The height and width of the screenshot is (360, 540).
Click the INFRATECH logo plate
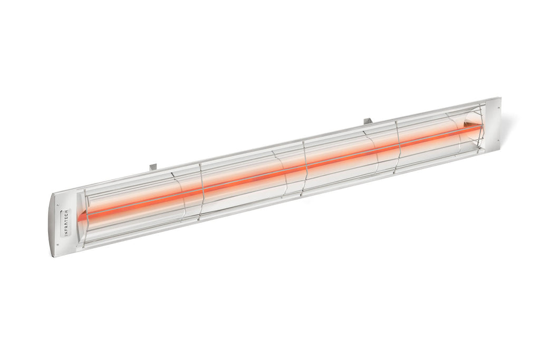point(66,222)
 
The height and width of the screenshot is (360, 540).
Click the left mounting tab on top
point(153,167)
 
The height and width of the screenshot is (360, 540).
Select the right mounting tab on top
point(368,122)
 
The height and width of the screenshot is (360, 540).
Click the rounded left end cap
point(58,224)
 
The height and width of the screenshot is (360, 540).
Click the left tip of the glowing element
point(80,216)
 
